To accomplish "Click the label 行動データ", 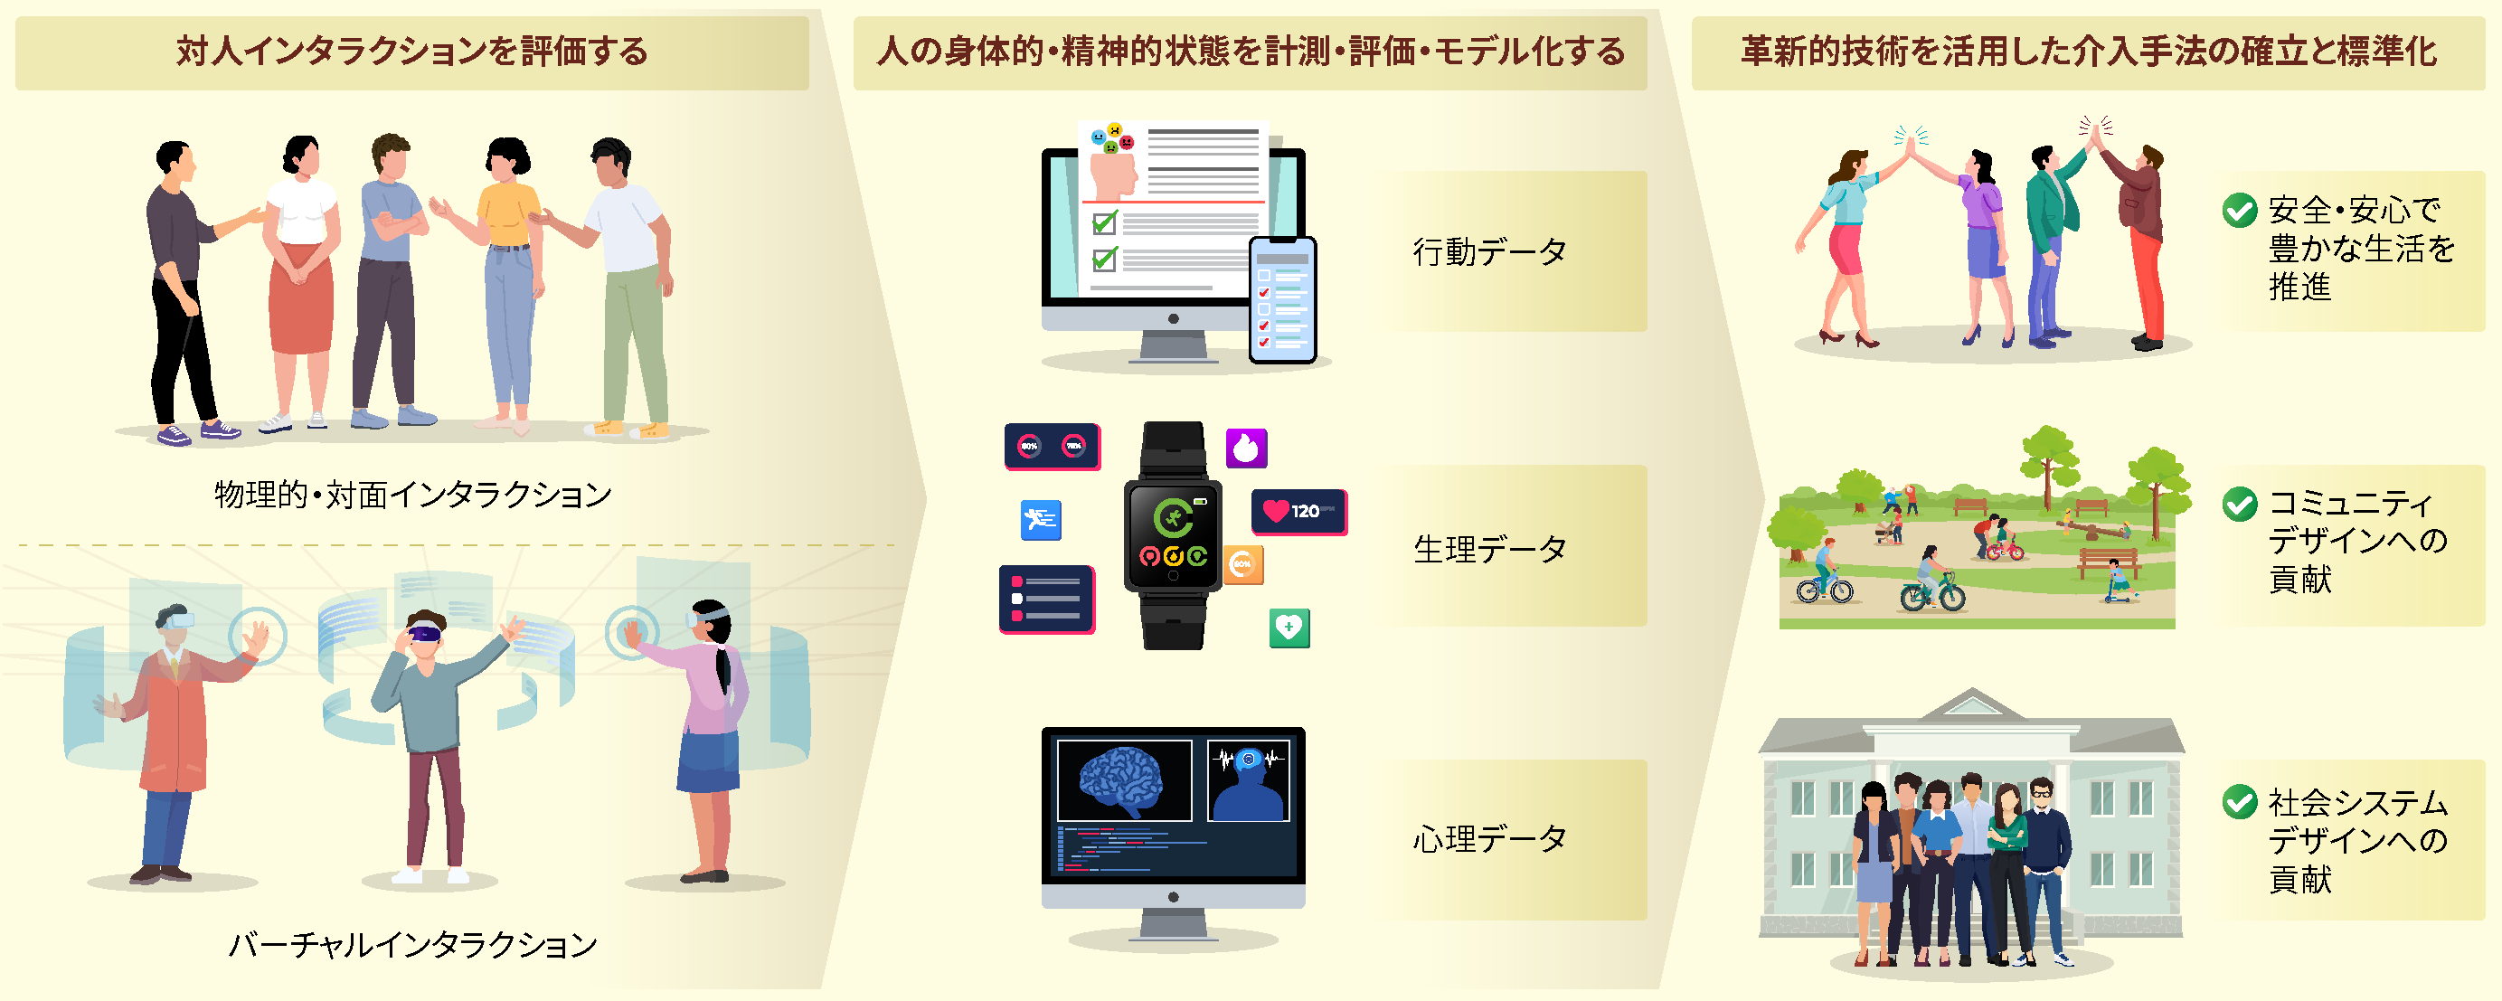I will pos(1489,252).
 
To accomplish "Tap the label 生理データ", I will pos(1489,550).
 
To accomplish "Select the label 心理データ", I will pos(1489,839).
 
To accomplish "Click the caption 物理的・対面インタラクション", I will pos(413,496).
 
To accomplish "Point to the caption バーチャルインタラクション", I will pos(413,945).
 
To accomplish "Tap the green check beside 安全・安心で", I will pos(2240,210).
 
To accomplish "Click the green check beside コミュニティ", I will pos(2240,504).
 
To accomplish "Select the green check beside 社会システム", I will pos(2240,802).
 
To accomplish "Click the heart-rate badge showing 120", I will pos(1298,512).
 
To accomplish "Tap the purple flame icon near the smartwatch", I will pos(1246,449).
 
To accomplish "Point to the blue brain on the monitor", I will pos(1123,780).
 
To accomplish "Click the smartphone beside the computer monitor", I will pos(1282,300).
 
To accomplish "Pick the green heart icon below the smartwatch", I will pos(1289,628).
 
